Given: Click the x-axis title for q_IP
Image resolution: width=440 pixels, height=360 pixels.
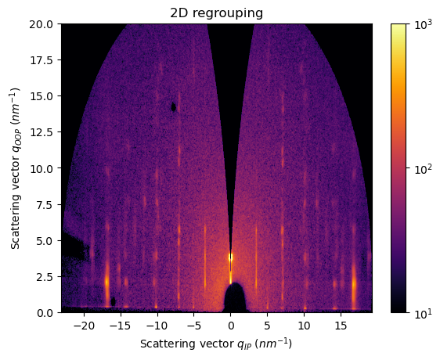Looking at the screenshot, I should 216,343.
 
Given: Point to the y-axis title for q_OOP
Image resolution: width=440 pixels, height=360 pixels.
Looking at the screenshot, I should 16,167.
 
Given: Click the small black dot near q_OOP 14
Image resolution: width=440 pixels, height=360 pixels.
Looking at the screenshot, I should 173,107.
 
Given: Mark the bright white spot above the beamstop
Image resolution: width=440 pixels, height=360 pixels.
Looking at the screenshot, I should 230,256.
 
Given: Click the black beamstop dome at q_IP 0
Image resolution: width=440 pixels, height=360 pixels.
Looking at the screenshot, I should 234,298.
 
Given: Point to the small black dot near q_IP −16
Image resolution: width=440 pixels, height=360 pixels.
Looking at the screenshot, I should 114,301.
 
